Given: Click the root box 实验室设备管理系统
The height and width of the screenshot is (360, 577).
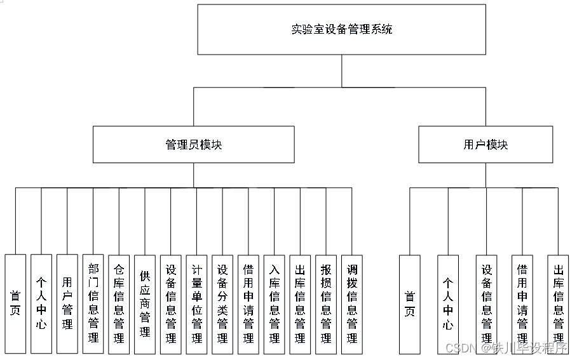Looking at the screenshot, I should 342,30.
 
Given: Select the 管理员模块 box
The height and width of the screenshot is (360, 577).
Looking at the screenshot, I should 194,145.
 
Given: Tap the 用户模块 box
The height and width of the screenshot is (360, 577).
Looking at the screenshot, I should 485,145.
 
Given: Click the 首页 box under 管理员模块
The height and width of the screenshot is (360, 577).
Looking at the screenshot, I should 15,303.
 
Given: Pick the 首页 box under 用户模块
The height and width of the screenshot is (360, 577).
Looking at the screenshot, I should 410,303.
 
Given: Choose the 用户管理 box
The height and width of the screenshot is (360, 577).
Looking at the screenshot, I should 67,303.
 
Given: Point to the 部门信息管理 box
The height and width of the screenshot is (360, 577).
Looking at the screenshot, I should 93,303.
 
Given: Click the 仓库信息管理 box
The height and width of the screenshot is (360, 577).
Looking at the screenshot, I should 119,303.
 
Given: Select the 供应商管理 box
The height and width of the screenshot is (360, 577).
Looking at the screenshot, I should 145,303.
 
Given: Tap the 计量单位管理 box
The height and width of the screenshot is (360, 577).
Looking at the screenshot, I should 196,303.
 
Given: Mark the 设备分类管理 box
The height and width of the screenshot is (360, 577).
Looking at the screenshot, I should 222,303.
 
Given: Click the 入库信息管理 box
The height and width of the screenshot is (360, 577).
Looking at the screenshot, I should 275,303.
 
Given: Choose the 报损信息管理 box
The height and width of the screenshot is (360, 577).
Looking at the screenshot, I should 326,303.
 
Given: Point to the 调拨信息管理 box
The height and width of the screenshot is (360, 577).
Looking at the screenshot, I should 352,303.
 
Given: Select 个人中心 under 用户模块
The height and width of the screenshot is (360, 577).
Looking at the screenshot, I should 448,303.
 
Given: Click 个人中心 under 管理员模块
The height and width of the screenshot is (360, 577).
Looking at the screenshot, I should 41,303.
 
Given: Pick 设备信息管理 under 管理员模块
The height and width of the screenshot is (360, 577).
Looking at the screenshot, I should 171,303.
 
